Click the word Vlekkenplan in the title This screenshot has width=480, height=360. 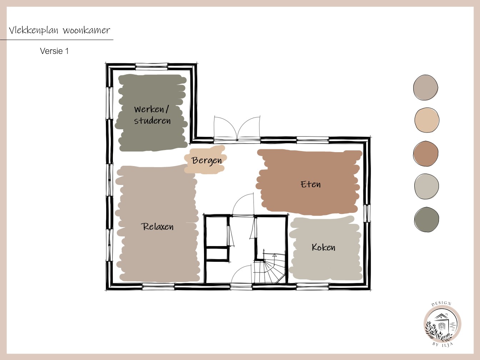click(34, 30)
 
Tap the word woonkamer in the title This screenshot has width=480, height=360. click(86, 30)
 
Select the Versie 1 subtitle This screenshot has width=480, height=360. click(54, 51)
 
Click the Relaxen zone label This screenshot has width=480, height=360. click(157, 226)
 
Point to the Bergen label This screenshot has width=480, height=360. click(207, 160)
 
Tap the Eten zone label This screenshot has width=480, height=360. click(310, 184)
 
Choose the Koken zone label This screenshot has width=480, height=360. click(324, 247)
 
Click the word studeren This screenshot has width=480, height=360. click(152, 121)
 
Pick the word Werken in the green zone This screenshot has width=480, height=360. click(149, 109)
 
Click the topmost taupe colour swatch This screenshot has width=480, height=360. click(426, 87)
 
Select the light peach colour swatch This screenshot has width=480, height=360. click(427, 120)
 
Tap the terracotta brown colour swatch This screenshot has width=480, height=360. click(426, 154)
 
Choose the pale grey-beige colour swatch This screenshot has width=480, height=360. click(426, 186)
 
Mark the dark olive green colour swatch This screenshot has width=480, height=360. click(426, 219)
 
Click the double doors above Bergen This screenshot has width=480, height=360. click(237, 129)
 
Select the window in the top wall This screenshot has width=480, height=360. click(152, 66)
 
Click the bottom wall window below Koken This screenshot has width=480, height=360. click(313, 286)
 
